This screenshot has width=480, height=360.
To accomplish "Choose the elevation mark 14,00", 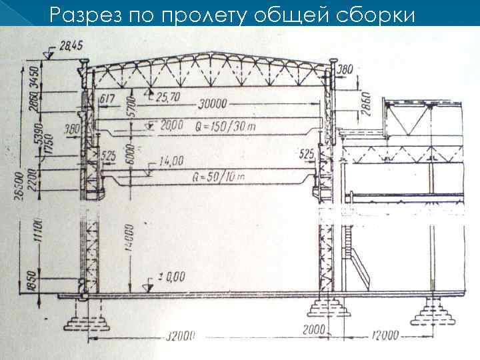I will coord(172,160).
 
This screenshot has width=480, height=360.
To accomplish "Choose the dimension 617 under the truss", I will coord(107,99).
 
